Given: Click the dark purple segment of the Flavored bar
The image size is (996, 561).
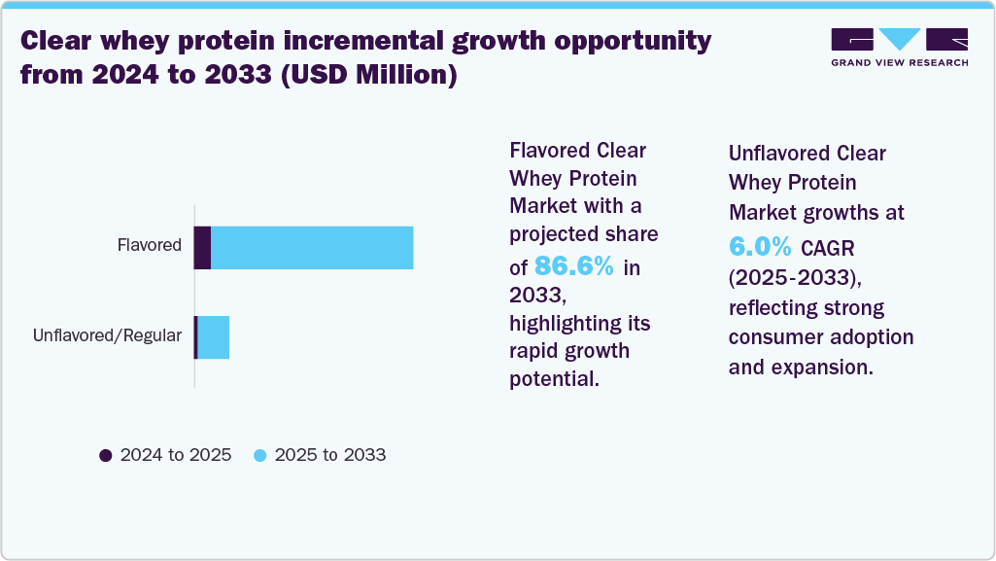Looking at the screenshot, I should [202, 247].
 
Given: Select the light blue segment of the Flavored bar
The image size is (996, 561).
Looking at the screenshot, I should [312, 247].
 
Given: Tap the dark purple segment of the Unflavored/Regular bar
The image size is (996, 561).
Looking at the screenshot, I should [195, 337].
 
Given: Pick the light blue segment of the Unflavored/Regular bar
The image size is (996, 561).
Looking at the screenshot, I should [213, 337].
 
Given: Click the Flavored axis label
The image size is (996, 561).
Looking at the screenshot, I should [149, 245].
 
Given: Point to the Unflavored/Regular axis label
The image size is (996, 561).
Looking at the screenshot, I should [107, 335].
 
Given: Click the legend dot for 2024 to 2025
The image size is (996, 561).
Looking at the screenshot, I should [106, 455].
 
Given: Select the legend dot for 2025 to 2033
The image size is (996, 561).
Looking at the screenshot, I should [260, 455].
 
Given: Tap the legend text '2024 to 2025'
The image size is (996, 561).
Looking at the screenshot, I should [175, 455].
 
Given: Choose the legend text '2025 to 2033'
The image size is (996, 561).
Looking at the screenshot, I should [330, 455].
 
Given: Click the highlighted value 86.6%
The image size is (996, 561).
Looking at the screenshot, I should [573, 266].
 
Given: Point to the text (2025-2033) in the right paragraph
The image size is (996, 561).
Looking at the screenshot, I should [794, 277].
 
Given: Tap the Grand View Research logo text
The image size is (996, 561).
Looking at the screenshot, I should [900, 62].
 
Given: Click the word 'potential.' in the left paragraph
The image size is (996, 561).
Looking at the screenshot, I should [554, 379].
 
